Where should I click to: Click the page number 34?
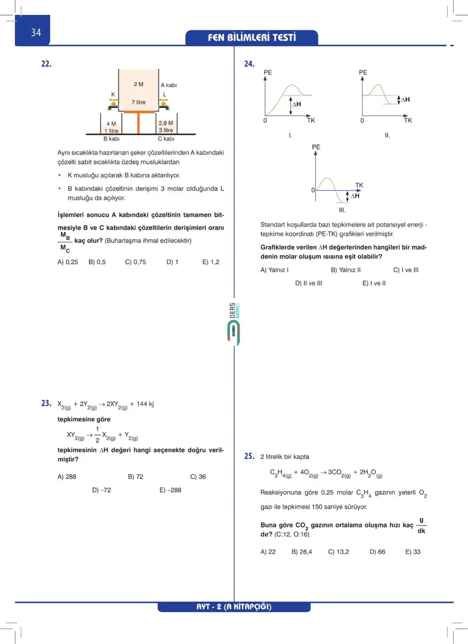36,32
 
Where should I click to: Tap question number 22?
46,64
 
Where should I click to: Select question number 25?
249,456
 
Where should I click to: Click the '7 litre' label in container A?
138,102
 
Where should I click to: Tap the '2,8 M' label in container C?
165,123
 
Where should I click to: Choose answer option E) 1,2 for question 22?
211,261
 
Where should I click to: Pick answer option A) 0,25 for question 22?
68,261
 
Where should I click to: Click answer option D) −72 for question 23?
102,490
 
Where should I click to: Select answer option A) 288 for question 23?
67,477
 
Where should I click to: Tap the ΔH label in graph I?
296,104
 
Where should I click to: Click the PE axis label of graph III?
316,147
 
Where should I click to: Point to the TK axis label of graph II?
408,121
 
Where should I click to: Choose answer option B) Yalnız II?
346,269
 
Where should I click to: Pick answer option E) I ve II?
374,283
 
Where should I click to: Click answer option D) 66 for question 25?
377,552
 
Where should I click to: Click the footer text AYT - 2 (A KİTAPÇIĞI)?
234,607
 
